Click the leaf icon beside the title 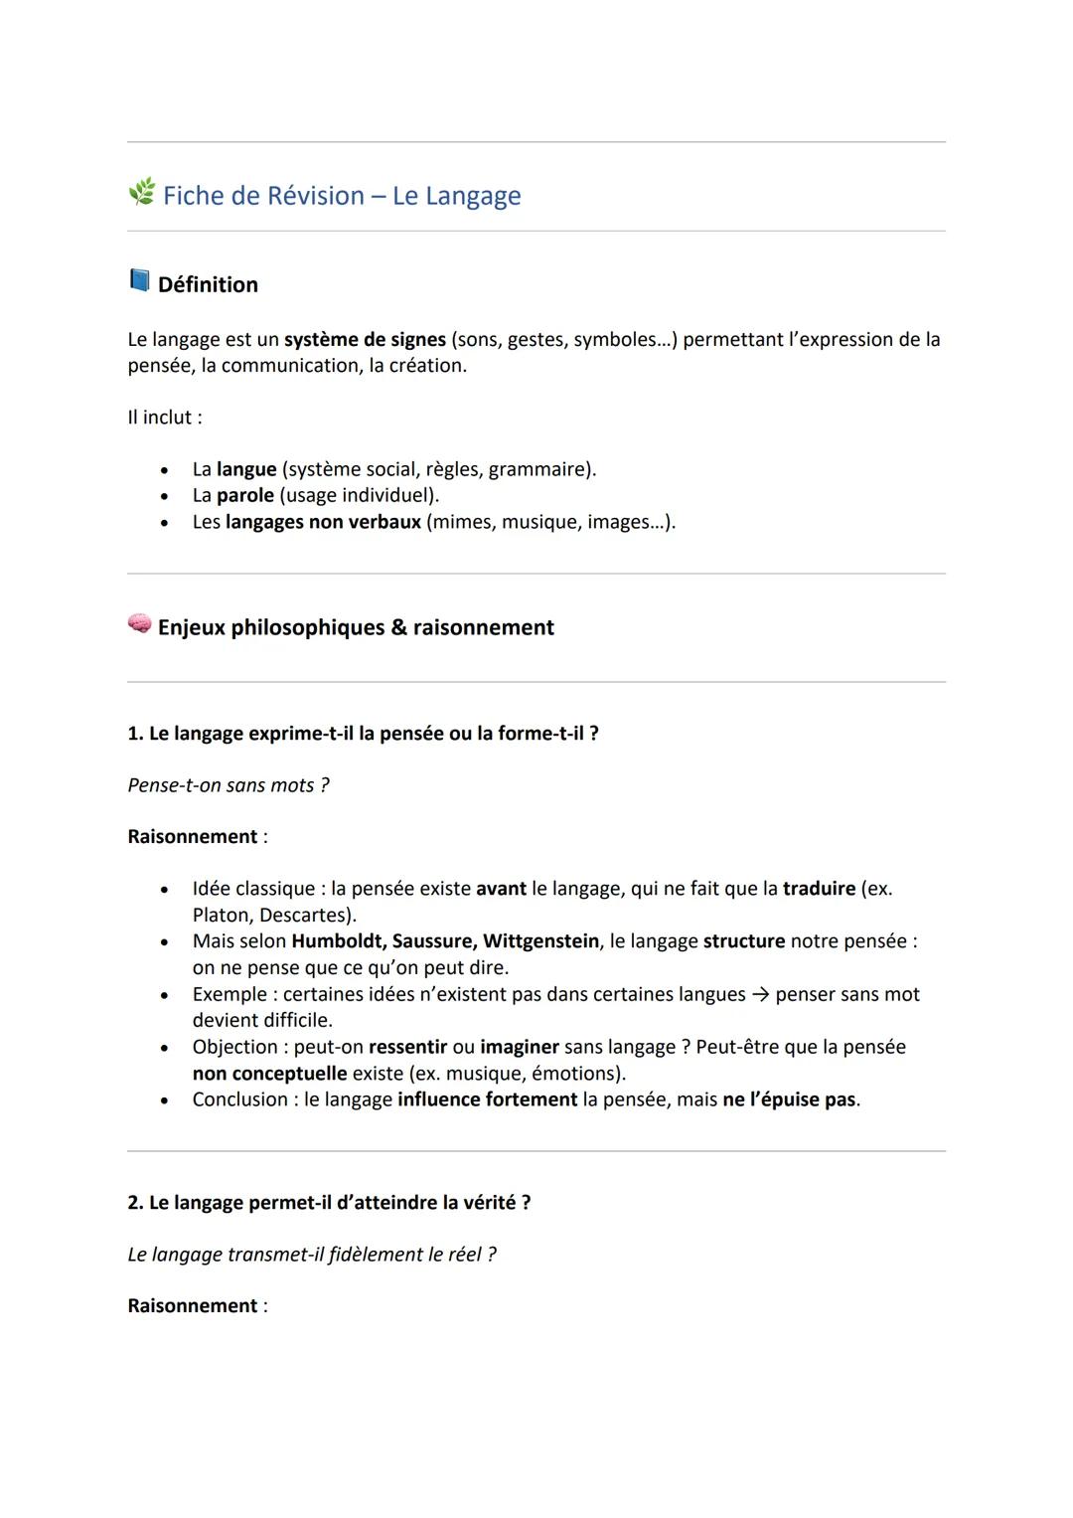tap(141, 192)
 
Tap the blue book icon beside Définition tap(139, 280)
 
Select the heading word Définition tap(208, 285)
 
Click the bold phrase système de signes tap(365, 340)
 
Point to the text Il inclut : tap(165, 418)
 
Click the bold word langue tap(246, 469)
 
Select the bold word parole tap(245, 495)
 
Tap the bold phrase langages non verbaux tap(323, 522)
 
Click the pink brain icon tap(139, 623)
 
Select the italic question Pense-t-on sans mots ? tap(229, 785)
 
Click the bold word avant tap(501, 889)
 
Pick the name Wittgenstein tap(540, 941)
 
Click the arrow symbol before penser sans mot tap(760, 995)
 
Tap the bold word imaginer tap(519, 1047)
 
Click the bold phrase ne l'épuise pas tap(789, 1099)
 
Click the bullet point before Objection tap(164, 1048)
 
